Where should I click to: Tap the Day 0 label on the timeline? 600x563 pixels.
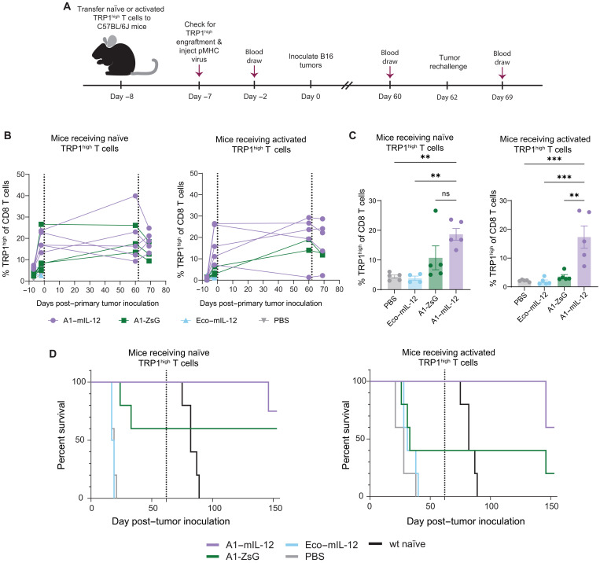click(311, 97)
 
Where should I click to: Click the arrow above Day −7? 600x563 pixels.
click(199, 71)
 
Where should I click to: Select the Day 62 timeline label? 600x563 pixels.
click(447, 98)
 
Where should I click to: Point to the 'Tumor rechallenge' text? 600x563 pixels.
click(448, 62)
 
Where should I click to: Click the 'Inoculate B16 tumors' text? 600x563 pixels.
click(311, 61)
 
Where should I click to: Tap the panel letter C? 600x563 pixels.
click(353, 135)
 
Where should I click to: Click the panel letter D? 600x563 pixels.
click(53, 353)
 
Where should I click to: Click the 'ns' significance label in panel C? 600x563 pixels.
click(445, 193)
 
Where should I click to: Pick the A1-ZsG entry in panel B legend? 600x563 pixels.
click(140, 320)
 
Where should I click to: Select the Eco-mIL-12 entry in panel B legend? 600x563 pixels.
click(209, 320)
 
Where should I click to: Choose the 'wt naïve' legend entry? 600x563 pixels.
click(397, 544)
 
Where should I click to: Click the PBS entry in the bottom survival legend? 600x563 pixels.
click(305, 556)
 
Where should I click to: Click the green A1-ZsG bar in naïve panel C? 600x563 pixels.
click(436, 274)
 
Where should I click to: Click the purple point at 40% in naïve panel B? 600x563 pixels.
click(135, 196)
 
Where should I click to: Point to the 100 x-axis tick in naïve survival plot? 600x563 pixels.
click(214, 508)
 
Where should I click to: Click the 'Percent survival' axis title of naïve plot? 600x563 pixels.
click(61, 435)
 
